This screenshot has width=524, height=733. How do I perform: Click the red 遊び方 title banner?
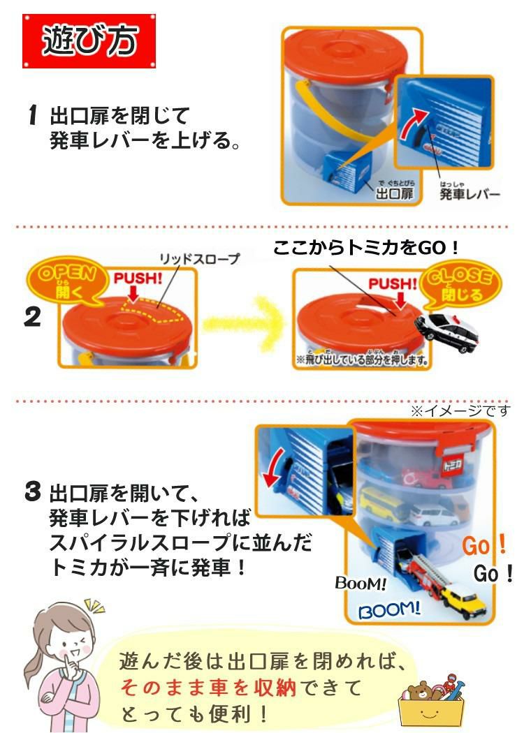89,41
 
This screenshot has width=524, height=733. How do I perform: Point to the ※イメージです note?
459,410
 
